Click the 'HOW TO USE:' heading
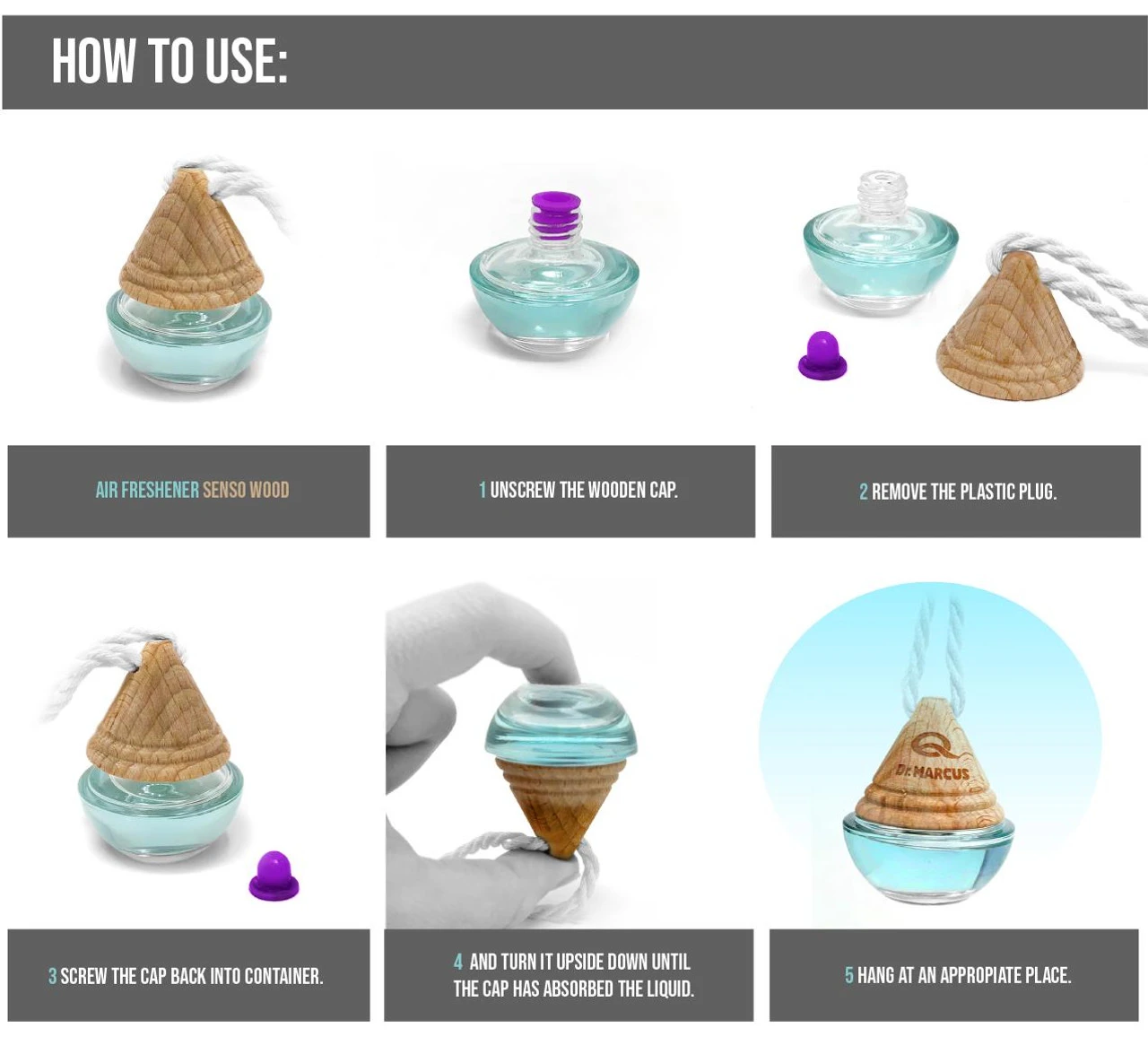point(170,62)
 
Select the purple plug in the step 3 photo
point(274,876)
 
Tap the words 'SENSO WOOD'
point(246,490)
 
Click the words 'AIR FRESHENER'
point(147,490)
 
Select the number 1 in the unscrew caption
point(483,490)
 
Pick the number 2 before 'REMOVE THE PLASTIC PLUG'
point(864,492)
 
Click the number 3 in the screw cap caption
point(52,976)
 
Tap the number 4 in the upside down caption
point(457,962)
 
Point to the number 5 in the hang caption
point(849,975)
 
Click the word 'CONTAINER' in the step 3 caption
point(283,976)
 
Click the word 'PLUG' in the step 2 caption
point(1037,492)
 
